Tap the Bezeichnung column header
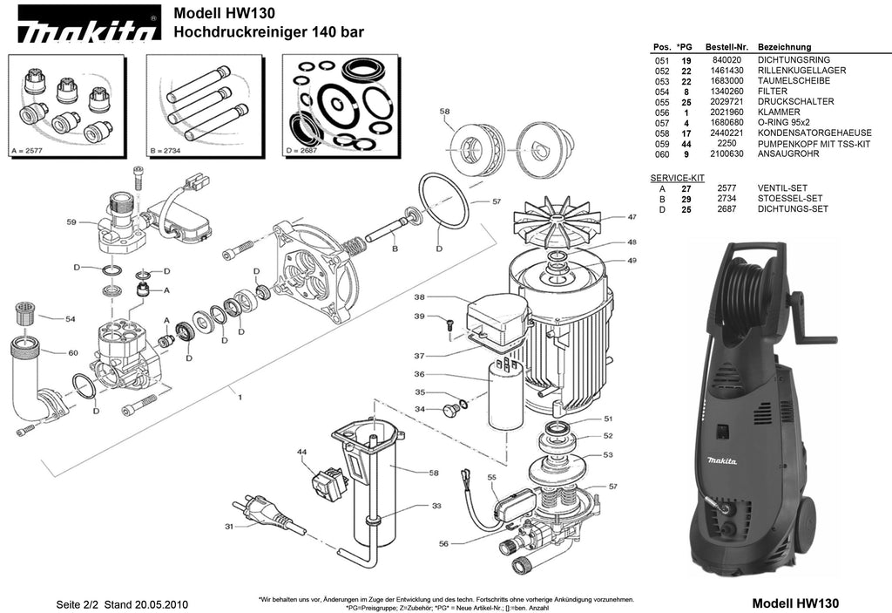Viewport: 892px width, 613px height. tap(784, 46)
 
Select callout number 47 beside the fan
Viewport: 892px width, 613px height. tap(632, 216)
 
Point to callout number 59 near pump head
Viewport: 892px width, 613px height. tap(71, 222)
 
